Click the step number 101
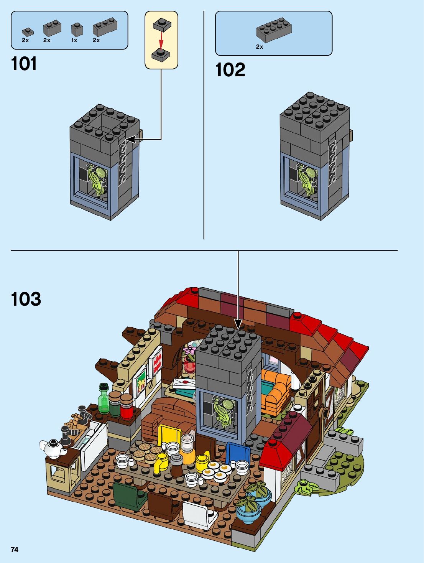tap(24, 64)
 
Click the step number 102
tap(230, 70)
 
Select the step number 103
tap(26, 299)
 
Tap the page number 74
tap(15, 550)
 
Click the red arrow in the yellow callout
tap(161, 39)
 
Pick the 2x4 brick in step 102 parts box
tap(274, 30)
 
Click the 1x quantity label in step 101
tap(74, 40)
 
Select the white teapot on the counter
tap(52, 447)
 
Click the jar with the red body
tap(126, 407)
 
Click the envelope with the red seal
tap(183, 383)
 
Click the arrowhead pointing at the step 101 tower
tap(130, 139)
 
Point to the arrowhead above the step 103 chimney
tap(238, 325)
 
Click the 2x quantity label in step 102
tap(260, 47)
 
